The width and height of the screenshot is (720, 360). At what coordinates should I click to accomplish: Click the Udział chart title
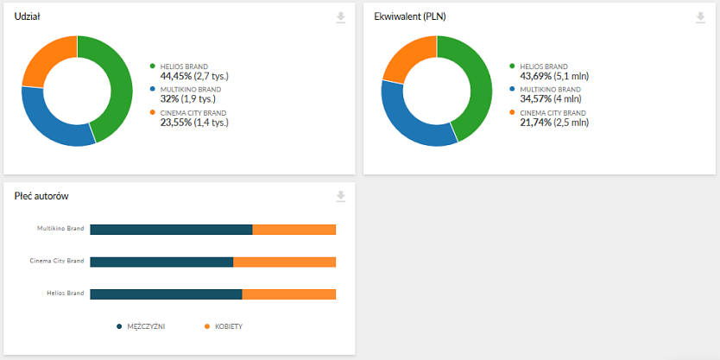click(x=28, y=16)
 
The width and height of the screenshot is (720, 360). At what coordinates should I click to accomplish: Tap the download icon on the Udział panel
click(x=341, y=18)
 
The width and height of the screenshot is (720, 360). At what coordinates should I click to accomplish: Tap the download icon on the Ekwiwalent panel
click(x=700, y=18)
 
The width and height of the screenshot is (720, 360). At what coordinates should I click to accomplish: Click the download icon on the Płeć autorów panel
click(x=341, y=197)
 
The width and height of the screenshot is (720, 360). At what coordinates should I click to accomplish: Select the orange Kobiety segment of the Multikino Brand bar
click(x=294, y=229)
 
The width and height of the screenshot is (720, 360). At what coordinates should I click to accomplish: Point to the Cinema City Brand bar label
click(x=56, y=261)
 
